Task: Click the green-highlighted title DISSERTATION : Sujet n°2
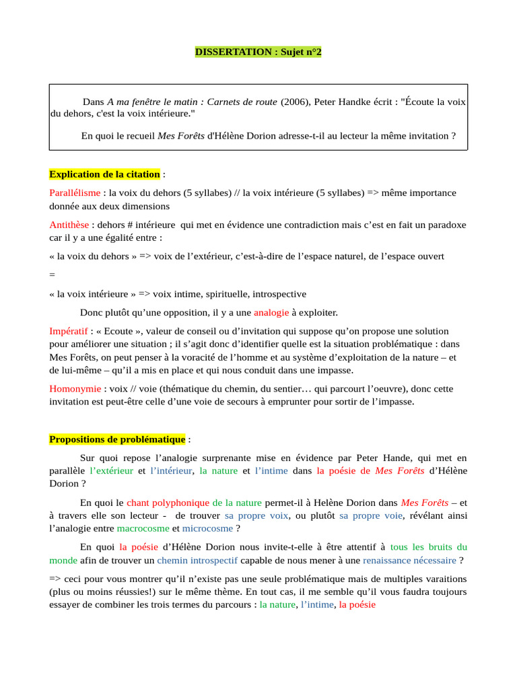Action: click(258, 52)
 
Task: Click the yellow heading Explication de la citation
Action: click(104, 174)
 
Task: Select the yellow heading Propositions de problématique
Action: click(117, 439)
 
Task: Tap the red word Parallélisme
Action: click(75, 193)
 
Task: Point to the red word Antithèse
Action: click(69, 225)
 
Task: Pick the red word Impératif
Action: click(68, 332)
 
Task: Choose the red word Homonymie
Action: click(75, 390)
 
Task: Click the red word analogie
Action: click(271, 313)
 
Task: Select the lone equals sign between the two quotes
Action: click(52, 275)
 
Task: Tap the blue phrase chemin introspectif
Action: click(197, 560)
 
